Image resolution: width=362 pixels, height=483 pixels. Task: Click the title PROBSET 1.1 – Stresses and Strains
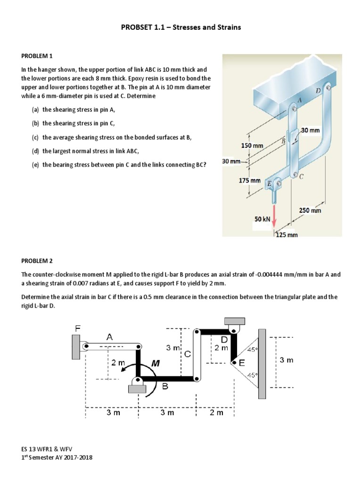[x=181, y=27]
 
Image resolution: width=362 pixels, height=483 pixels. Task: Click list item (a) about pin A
[x=78, y=109]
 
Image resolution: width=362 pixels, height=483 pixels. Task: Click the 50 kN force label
[x=262, y=219]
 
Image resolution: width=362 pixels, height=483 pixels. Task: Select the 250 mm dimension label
[x=310, y=210]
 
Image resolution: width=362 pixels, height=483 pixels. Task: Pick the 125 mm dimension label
[x=286, y=234]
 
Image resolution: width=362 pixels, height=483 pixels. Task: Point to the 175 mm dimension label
[x=249, y=181]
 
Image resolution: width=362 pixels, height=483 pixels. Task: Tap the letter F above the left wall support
[x=78, y=327]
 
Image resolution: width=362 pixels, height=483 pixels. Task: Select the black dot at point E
[x=233, y=362]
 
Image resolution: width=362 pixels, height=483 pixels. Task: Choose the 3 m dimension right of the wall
[x=286, y=360]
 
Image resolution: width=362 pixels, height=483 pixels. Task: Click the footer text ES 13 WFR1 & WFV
[x=47, y=449]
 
